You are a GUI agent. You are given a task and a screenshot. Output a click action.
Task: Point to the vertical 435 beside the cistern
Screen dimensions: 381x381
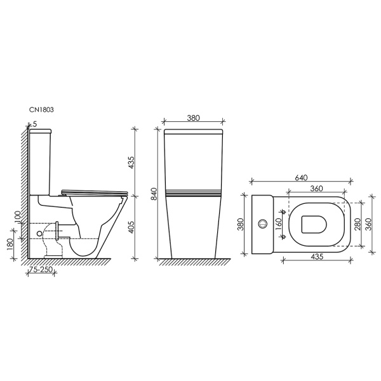point(132,162)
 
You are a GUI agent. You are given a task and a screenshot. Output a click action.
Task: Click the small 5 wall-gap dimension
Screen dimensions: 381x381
point(34,124)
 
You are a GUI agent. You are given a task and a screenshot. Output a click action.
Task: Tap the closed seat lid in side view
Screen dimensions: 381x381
point(95,190)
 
